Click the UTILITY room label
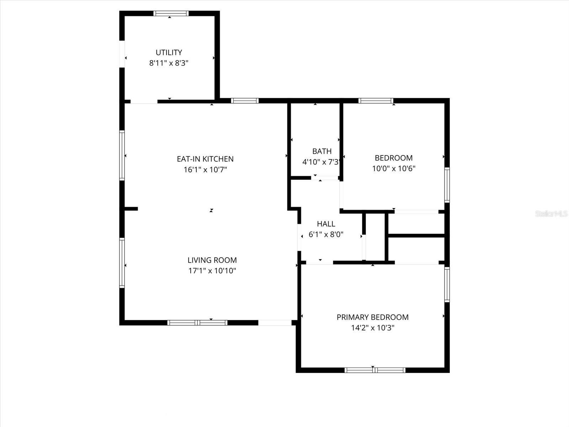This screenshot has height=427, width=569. point(169,53)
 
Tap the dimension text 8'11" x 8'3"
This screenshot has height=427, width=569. point(169,63)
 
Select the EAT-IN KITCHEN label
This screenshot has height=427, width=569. point(205,159)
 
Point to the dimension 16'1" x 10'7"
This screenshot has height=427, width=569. point(205,170)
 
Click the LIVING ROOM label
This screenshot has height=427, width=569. point(212,260)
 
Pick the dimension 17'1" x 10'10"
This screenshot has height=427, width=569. point(212,271)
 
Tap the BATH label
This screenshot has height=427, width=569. point(322,151)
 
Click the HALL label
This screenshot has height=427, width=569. point(326,224)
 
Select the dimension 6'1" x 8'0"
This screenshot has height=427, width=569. point(326,234)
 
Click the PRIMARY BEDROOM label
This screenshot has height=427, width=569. point(372,317)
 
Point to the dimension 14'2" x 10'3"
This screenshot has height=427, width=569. point(372,328)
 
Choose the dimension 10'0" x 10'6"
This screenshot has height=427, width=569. point(394,169)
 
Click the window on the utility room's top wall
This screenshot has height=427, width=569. point(171,14)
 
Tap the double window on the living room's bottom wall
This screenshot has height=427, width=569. point(197,323)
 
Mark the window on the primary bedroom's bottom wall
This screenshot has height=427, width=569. point(375,370)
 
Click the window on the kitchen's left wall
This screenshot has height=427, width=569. point(122,155)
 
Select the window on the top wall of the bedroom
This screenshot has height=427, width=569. point(376,101)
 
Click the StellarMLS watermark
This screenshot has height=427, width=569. point(551,214)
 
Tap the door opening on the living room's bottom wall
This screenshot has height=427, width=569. point(275,323)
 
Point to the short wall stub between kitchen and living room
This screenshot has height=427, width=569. point(131,209)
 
